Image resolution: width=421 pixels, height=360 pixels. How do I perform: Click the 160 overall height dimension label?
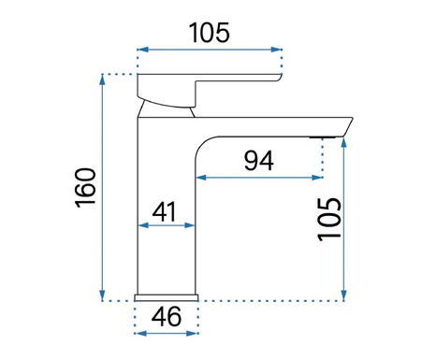(x=85, y=188)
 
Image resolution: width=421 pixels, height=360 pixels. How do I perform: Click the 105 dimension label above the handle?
(x=210, y=33)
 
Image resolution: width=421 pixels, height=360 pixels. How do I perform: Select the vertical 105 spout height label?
(x=329, y=220)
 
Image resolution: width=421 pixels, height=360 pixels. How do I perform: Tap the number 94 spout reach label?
(x=259, y=161)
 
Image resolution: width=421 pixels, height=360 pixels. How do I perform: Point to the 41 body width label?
(x=165, y=211)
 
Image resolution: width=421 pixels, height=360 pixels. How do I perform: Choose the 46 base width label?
(x=167, y=316)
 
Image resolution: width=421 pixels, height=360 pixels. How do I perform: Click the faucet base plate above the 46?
(x=167, y=297)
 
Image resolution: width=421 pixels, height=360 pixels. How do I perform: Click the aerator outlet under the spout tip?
(x=323, y=137)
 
